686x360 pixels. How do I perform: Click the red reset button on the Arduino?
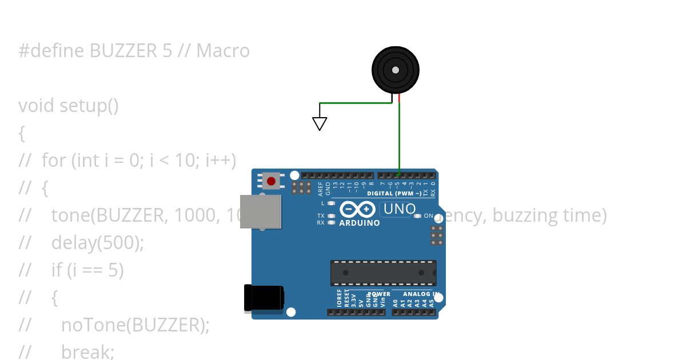[271, 182]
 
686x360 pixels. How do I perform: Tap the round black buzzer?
[395, 70]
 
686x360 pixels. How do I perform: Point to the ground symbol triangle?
[320, 123]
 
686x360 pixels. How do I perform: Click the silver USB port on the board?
[261, 211]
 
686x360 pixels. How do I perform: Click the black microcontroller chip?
[383, 273]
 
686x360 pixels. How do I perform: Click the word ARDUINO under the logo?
[360, 223]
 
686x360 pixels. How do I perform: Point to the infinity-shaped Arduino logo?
[358, 209]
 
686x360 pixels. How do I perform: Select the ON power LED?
[418, 216]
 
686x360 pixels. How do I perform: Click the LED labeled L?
[331, 203]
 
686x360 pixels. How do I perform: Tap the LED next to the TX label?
[331, 216]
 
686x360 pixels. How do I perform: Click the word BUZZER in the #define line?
[121, 51]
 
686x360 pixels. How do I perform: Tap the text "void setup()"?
[69, 106]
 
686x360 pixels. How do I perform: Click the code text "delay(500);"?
[97, 243]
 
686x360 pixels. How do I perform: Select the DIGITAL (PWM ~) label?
[394, 194]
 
